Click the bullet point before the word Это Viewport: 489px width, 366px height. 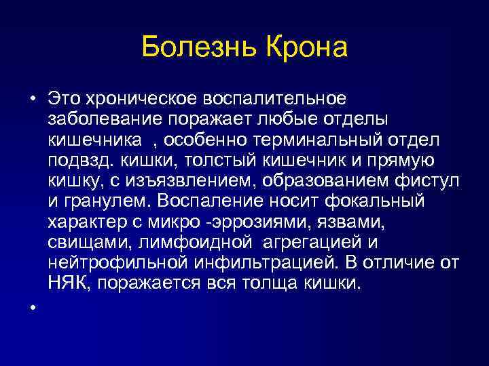[x=32, y=100]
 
